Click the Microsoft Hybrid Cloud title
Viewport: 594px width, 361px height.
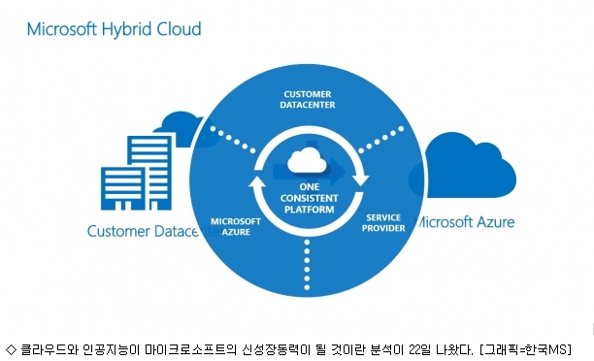[114, 29]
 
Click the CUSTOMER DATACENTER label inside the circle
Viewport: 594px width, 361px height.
[308, 100]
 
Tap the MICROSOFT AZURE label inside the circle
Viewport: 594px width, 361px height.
[236, 226]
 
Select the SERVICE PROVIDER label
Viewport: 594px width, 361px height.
[383, 223]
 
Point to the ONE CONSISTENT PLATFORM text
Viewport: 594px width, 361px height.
[309, 198]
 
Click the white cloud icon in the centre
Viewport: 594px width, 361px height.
[307, 160]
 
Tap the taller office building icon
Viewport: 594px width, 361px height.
[149, 173]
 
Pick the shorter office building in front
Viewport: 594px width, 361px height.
[122, 188]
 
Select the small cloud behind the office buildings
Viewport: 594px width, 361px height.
[181, 128]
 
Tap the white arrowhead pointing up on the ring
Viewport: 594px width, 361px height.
[257, 182]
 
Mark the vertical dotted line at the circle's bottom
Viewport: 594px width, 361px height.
[307, 265]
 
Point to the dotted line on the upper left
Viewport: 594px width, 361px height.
[233, 140]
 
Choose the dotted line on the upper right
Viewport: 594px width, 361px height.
[380, 140]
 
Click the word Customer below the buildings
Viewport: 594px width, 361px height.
[118, 231]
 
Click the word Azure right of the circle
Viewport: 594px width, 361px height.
[496, 222]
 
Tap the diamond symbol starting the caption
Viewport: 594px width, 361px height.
[12, 349]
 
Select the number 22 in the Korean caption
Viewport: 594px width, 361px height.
[414, 349]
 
